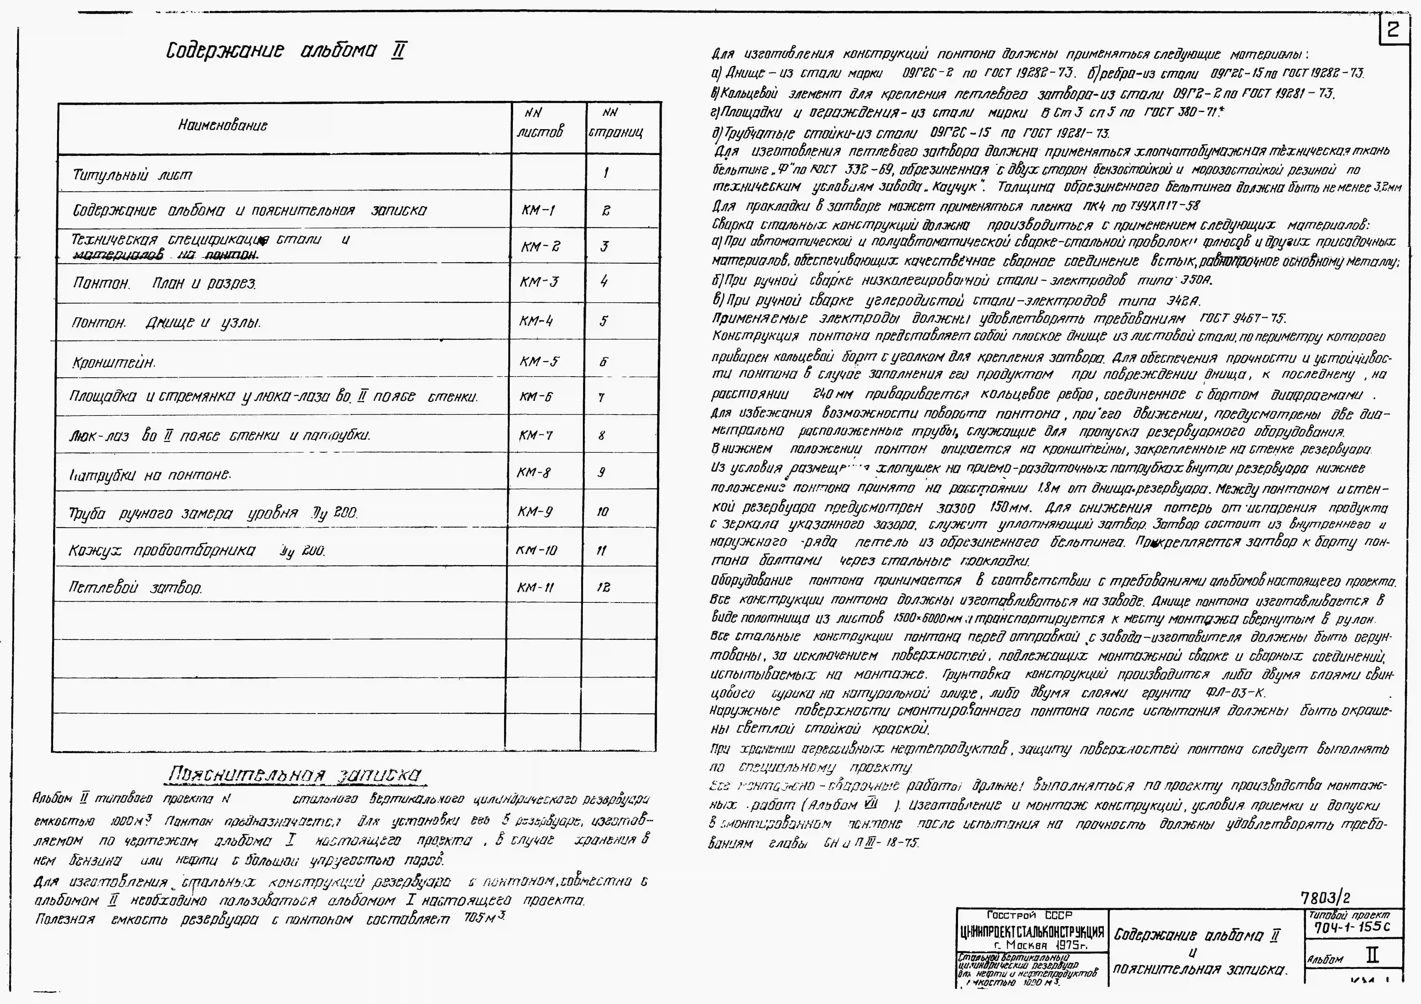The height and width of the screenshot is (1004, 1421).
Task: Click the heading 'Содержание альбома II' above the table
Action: click(x=286, y=51)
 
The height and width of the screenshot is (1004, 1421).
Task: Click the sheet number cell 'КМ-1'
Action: click(x=538, y=210)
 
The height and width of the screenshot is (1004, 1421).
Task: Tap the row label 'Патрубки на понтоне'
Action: click(x=150, y=475)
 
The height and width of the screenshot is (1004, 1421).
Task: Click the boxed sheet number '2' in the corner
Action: click(x=1393, y=30)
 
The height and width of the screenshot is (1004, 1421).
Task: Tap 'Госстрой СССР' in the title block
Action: click(x=1029, y=915)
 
